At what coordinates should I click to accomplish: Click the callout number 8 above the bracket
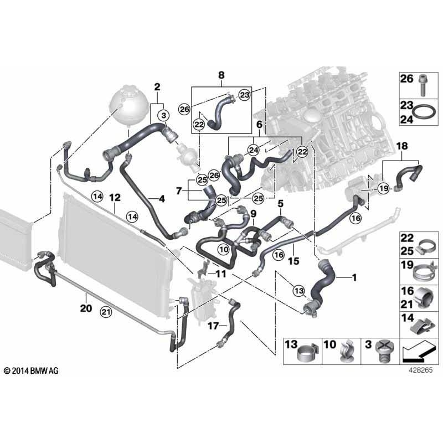pyautogui.click(x=221, y=74)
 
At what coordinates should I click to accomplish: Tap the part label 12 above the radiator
pyautogui.click(x=115, y=197)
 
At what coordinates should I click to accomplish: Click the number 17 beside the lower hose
pyautogui.click(x=213, y=326)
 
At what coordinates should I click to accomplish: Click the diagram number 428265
pyautogui.click(x=414, y=373)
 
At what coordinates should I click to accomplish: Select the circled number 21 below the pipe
pyautogui.click(x=106, y=313)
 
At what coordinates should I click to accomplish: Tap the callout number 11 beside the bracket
pyautogui.click(x=221, y=274)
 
